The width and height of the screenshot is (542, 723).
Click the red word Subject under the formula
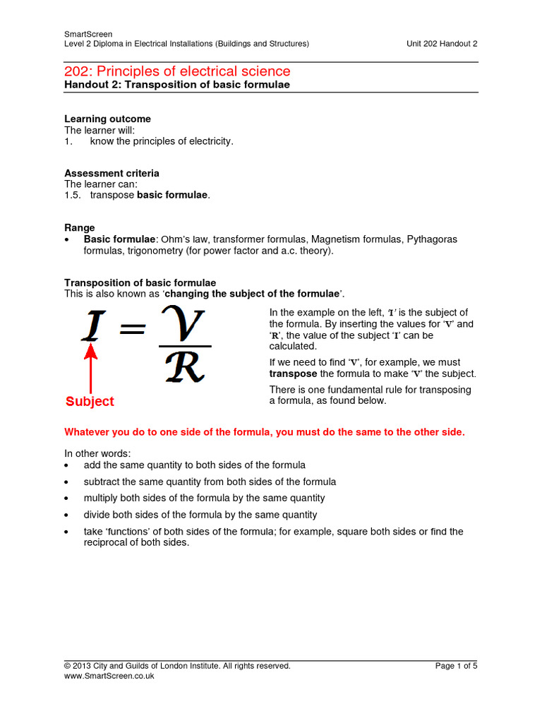point(90,401)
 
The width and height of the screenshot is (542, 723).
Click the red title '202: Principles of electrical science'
point(177,71)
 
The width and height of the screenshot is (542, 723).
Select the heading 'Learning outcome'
point(108,119)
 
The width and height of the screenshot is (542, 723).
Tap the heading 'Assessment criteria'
point(112,173)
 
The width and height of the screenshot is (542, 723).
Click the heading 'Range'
point(80,228)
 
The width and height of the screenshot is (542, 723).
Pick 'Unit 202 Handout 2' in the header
point(442,44)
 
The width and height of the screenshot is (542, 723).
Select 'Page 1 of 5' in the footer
point(456,666)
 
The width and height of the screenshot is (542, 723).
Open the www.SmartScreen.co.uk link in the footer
point(109,676)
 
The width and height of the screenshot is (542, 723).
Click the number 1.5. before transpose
point(73,195)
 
